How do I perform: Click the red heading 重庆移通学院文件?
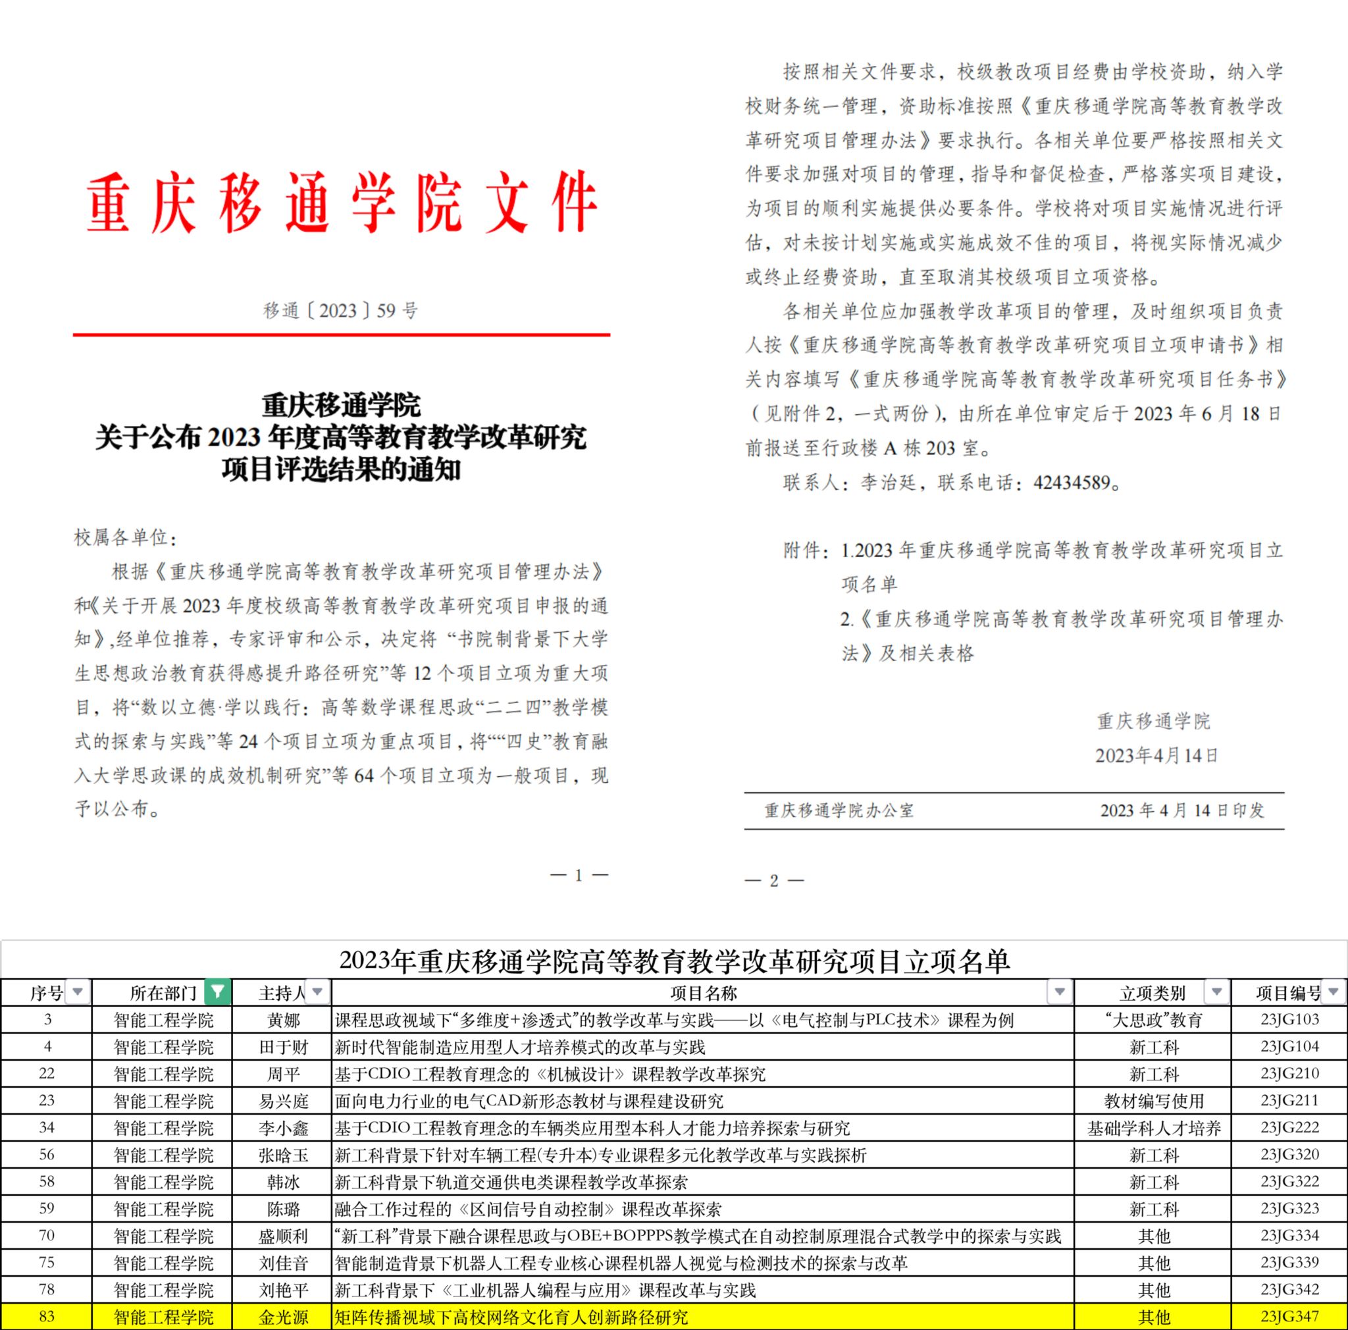tap(341, 203)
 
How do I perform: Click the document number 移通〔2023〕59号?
tap(340, 311)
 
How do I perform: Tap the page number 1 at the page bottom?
tap(579, 875)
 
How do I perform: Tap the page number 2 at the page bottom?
tap(774, 880)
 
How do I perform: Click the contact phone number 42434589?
tap(1071, 482)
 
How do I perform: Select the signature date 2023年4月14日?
tap(1156, 755)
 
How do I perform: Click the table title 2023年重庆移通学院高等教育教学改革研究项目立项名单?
tap(674, 961)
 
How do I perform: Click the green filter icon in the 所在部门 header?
tap(218, 992)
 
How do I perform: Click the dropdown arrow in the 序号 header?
tap(78, 992)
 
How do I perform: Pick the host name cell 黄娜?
tap(283, 1020)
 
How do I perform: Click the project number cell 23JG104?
tap(1289, 1047)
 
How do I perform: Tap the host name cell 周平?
tap(283, 1074)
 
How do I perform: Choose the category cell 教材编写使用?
tap(1153, 1101)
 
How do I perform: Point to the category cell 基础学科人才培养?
tap(1153, 1129)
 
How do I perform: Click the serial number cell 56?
tap(47, 1155)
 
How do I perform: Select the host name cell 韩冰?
tap(283, 1182)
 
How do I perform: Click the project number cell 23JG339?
tap(1289, 1263)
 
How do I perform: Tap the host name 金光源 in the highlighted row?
tap(283, 1317)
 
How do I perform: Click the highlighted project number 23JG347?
tap(1289, 1317)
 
